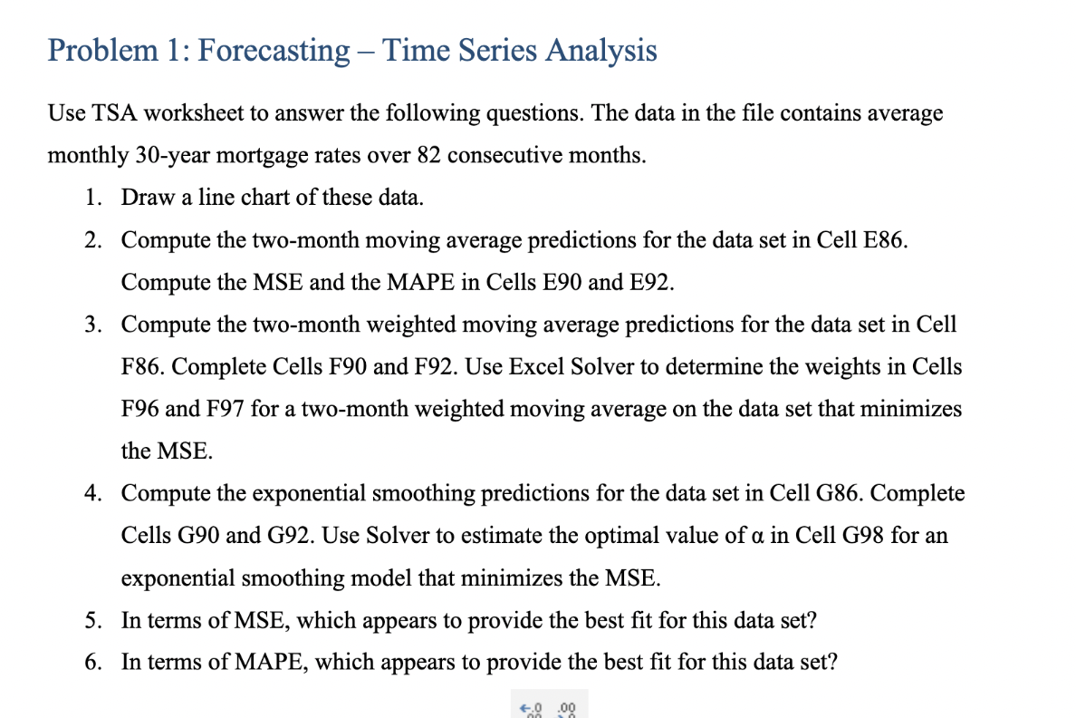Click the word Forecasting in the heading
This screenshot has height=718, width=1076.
tap(273, 51)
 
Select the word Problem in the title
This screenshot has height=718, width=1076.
tap(101, 51)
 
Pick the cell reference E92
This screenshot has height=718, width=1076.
tap(651, 282)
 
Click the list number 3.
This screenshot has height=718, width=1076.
tap(92, 325)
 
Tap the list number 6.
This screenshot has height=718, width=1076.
tap(92, 662)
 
